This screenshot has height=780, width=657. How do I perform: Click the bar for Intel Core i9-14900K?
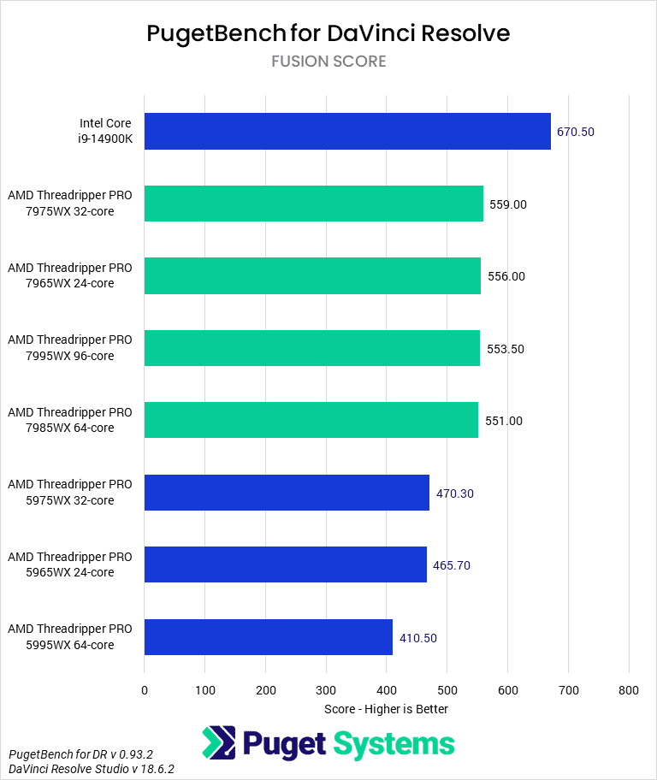coord(347,132)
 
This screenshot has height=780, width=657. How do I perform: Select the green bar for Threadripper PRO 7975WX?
coord(313,204)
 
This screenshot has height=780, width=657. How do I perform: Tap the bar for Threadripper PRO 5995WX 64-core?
coord(268,637)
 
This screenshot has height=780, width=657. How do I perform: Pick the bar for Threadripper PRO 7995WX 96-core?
coord(311,348)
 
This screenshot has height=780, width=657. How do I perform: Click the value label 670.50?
coord(575,132)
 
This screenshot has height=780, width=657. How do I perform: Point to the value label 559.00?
coord(507,204)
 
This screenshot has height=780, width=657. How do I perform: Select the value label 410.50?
coord(417,638)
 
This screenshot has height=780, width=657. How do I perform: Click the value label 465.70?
coord(451,565)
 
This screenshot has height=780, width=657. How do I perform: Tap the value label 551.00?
coord(504,421)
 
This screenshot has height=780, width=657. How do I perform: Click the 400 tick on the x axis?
coord(387,689)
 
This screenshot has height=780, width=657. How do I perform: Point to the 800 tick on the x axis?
coord(629,689)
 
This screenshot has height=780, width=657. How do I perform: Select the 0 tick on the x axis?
coord(145,689)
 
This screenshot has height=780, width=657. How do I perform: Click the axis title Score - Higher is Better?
coord(386,709)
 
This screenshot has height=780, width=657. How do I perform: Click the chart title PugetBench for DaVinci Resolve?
coord(328,32)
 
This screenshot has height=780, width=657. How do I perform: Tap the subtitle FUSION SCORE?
coord(328,62)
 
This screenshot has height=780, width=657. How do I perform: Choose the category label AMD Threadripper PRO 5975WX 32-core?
coord(70,493)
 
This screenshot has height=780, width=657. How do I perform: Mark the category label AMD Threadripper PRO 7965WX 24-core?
coord(70,275)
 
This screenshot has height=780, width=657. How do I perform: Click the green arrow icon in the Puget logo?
coord(219,743)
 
